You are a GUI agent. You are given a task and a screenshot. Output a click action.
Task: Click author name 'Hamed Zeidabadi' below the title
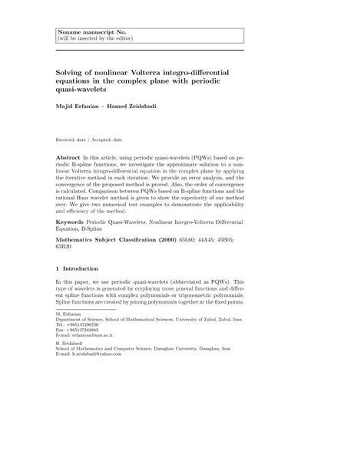tap(136, 105)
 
